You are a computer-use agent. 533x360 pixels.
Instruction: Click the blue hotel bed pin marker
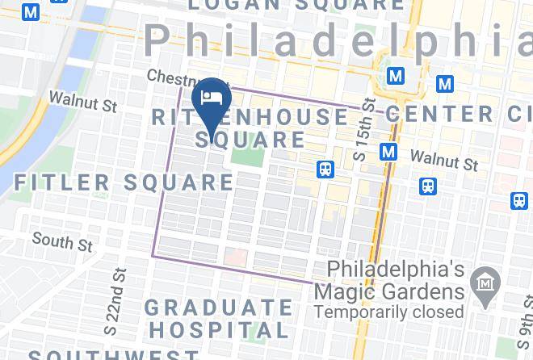(x=212, y=100)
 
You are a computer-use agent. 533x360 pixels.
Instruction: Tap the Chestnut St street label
(x=178, y=77)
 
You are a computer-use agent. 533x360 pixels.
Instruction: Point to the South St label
(x=62, y=241)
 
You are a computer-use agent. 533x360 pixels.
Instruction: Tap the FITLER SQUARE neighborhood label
(x=124, y=182)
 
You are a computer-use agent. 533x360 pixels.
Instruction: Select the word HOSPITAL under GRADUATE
(x=219, y=330)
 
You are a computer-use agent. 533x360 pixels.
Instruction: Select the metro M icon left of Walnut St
(x=388, y=152)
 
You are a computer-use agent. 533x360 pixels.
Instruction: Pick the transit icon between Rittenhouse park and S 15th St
(x=325, y=170)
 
